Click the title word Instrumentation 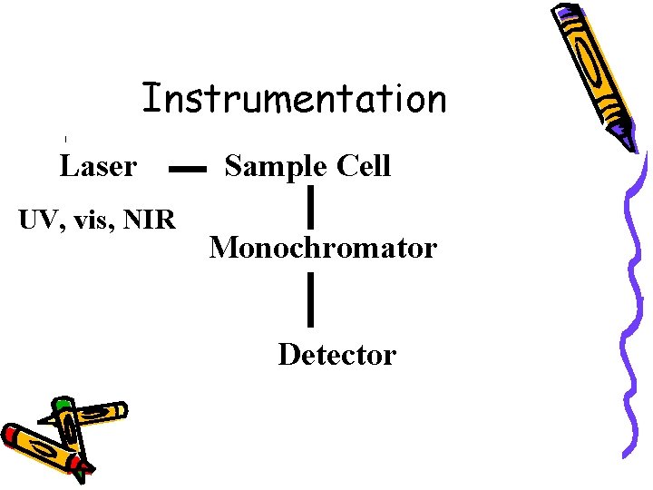click(x=294, y=98)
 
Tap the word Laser click(x=98, y=166)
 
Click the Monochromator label click(x=323, y=247)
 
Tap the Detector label click(x=336, y=354)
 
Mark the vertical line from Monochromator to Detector click(x=311, y=300)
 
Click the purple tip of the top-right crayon click(x=629, y=140)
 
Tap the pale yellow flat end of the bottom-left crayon click(x=118, y=410)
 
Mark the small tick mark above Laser click(x=66, y=138)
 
